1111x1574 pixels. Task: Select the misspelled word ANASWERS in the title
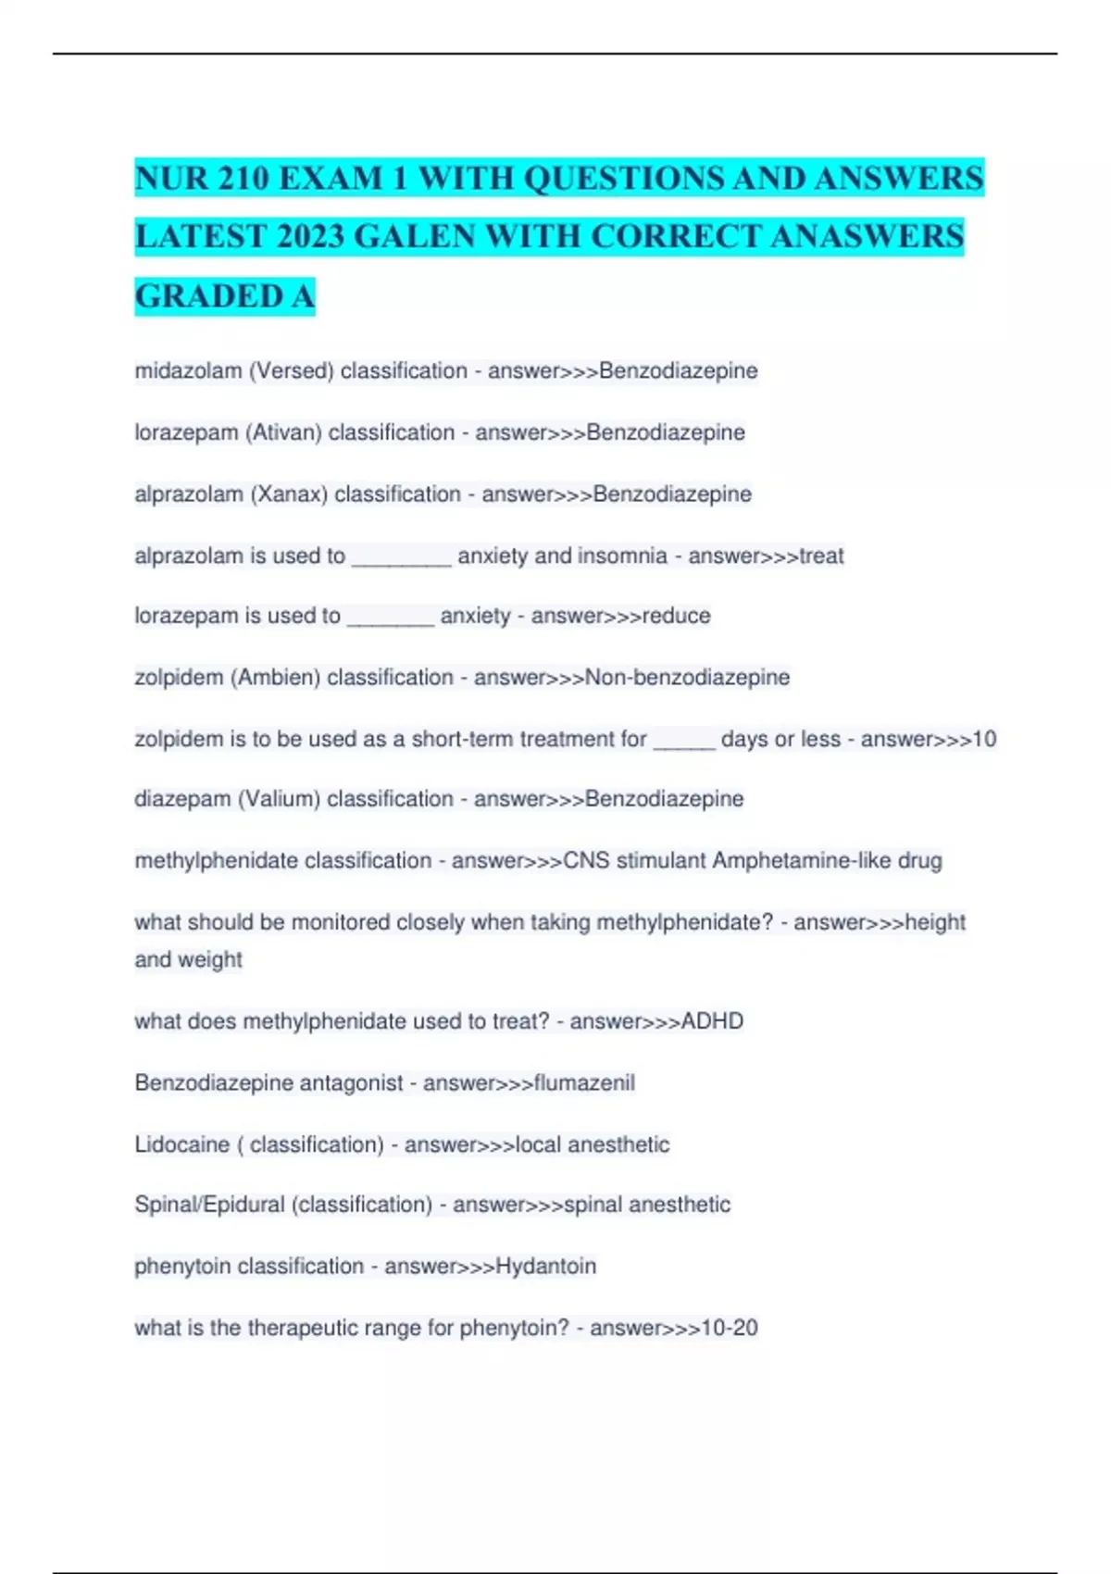(x=867, y=237)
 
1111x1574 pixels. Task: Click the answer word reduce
(x=676, y=616)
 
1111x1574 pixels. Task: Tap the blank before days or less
(x=684, y=740)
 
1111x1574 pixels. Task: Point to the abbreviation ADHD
(x=712, y=1021)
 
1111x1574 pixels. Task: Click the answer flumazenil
(x=584, y=1083)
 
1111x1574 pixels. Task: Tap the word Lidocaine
(x=181, y=1144)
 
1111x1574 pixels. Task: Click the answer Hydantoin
(x=546, y=1267)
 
